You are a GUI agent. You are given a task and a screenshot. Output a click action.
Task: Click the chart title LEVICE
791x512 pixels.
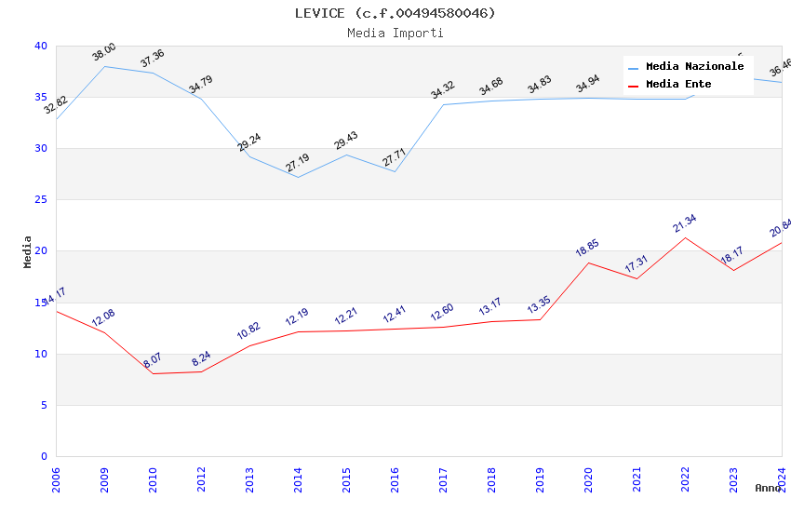tap(395, 13)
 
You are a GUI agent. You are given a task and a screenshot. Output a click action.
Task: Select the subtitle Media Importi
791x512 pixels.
tap(395, 33)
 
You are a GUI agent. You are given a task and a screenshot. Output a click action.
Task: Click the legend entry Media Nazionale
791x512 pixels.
tap(694, 67)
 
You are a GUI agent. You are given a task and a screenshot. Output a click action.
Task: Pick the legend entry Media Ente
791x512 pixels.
tap(678, 85)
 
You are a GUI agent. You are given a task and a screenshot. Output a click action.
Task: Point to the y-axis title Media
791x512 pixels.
tap(28, 251)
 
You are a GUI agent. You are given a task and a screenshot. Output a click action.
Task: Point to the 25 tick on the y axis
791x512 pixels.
tap(41, 200)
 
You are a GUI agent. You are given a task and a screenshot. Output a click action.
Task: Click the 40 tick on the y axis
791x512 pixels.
tap(41, 46)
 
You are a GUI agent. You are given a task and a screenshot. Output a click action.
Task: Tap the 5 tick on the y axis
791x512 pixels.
tap(44, 405)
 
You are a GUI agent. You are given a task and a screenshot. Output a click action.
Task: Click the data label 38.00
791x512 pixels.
tap(104, 52)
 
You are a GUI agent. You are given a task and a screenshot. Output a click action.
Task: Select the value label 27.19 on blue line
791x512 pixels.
tap(298, 164)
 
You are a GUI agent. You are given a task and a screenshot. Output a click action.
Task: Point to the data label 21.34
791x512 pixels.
tap(685, 223)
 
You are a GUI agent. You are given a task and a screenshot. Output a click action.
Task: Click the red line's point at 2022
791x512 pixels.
tap(685, 237)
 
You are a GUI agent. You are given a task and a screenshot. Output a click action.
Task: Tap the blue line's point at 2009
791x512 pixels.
tap(104, 66)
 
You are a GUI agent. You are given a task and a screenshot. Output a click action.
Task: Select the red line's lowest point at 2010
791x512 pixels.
tap(153, 373)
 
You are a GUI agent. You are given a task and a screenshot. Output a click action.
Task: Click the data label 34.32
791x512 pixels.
tap(443, 90)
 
